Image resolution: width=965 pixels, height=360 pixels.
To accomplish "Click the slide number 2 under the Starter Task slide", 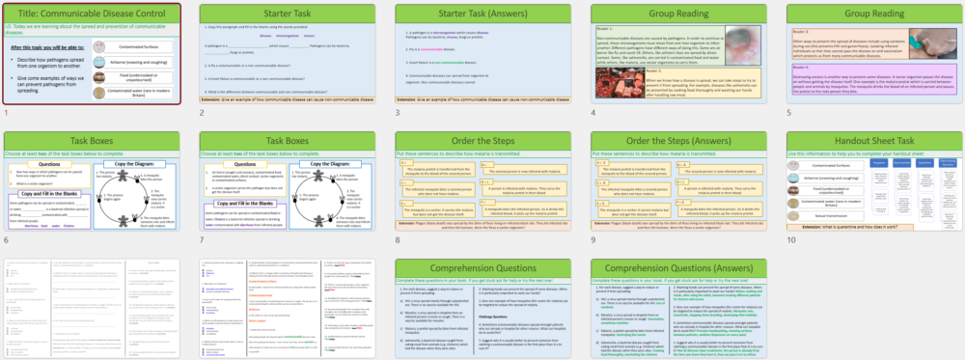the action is [202, 113].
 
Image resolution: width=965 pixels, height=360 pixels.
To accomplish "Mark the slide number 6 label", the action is [6, 239].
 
